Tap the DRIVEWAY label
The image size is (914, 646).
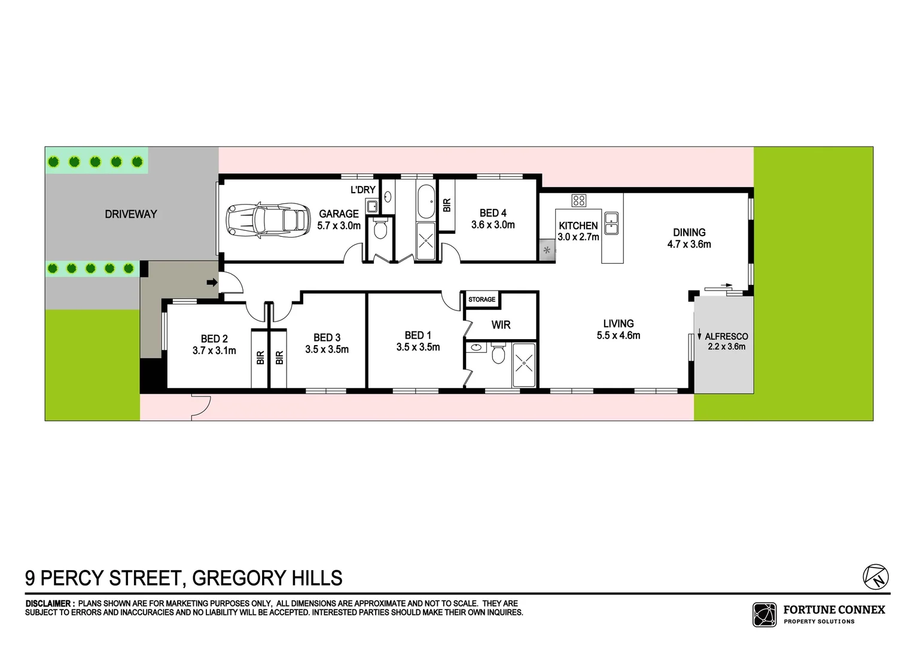(130, 214)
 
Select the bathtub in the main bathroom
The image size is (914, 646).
(426, 201)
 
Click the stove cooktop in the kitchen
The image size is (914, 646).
(578, 200)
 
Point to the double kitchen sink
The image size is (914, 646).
(611, 223)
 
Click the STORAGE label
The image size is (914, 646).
(482, 299)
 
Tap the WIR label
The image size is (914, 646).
(501, 325)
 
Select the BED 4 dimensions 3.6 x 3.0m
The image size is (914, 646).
(493, 225)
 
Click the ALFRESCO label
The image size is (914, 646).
(726, 336)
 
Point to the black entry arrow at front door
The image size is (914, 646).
(212, 282)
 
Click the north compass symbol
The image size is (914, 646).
(876, 577)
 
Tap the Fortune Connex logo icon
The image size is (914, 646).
(764, 614)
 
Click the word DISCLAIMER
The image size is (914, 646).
(49, 604)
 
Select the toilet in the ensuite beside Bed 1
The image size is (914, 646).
(498, 354)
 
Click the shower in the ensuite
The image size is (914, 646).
(524, 362)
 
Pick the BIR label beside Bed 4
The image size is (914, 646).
(447, 205)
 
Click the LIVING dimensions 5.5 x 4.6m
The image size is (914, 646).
(618, 336)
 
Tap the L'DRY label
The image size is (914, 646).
(362, 190)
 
